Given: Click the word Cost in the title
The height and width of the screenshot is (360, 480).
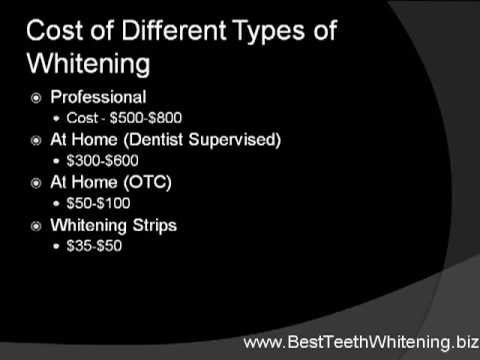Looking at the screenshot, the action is (54, 30).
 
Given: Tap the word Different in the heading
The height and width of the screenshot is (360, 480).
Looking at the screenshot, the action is (173, 30).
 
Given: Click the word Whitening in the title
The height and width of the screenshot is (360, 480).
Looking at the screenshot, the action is (89, 63).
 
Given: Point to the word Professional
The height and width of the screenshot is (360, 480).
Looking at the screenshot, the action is (98, 97).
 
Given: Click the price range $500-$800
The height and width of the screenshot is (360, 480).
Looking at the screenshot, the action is (146, 118).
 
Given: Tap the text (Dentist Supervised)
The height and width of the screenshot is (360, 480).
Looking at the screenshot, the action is (202, 140).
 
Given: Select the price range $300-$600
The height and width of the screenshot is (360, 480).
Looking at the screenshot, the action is (102, 160).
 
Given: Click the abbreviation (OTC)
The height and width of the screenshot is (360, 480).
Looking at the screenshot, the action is (147, 182).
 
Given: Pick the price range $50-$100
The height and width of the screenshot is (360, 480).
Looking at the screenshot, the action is (98, 203).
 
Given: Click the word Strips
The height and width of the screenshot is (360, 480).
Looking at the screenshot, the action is (155, 226).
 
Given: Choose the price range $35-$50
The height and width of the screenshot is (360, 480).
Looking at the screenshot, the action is (94, 246).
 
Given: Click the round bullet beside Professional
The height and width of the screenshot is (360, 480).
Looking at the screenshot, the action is (36, 98).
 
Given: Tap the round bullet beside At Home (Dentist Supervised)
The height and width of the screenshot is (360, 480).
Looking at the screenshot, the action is (36, 141).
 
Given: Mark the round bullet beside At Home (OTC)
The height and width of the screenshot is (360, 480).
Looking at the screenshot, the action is (36, 183).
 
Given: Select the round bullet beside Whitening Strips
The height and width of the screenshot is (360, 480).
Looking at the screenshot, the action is (36, 226).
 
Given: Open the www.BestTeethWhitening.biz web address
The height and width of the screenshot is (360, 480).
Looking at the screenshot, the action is (361, 342).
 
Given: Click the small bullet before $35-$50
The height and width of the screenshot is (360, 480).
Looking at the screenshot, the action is (56, 246).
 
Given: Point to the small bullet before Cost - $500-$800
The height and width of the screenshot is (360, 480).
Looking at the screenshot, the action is (56, 118).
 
